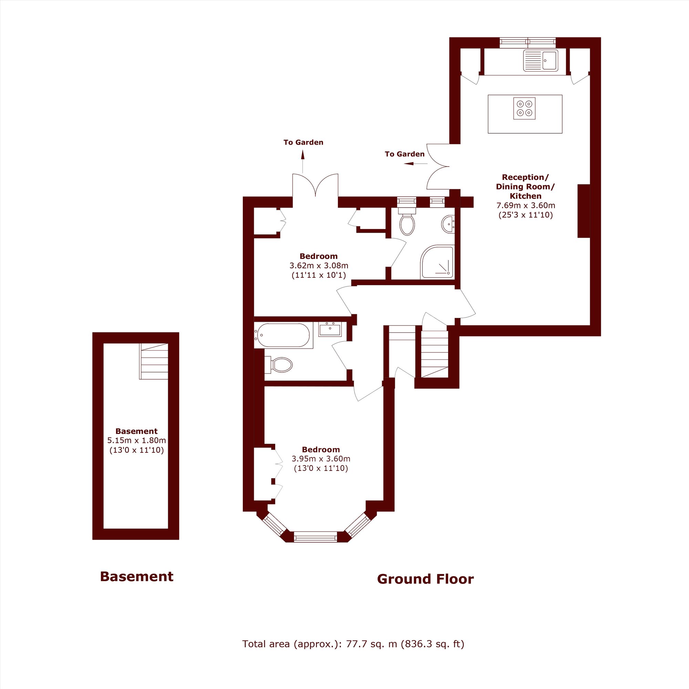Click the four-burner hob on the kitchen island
click(x=524, y=109)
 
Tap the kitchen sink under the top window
click(x=541, y=61)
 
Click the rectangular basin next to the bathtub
click(x=330, y=330)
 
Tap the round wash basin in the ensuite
click(x=448, y=224)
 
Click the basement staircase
click(x=154, y=361)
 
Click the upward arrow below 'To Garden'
click(x=303, y=162)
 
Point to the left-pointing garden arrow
click(x=415, y=164)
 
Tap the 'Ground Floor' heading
click(x=425, y=579)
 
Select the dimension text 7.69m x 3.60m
click(x=526, y=205)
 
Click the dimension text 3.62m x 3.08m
click(x=319, y=266)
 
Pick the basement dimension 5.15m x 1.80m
click(x=136, y=440)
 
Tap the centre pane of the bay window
click(x=315, y=537)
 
